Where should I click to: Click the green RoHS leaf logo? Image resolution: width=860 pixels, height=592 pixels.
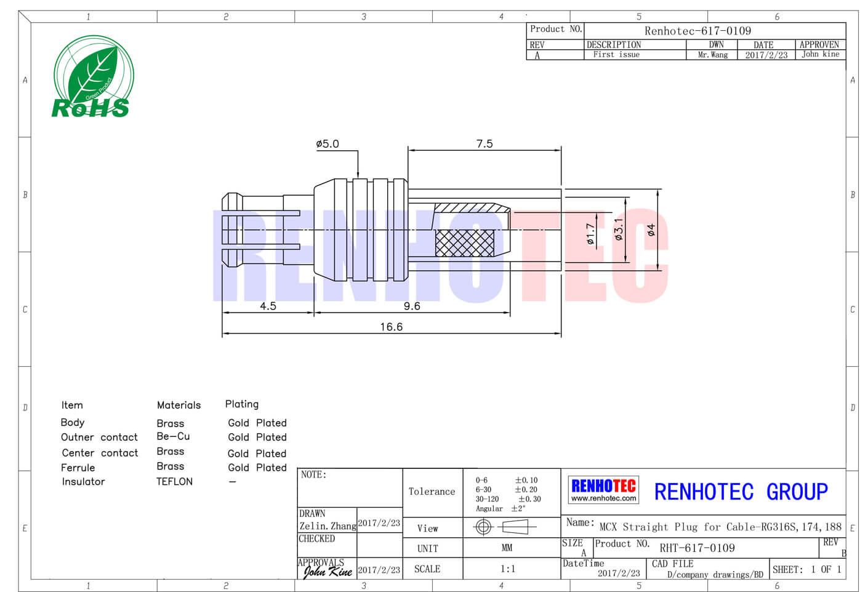pyautogui.click(x=94, y=77)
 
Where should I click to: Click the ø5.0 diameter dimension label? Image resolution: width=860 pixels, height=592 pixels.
pyautogui.click(x=327, y=144)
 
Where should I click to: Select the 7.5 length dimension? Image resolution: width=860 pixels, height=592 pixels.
pyautogui.click(x=484, y=144)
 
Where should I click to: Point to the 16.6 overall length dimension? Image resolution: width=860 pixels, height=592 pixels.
pyautogui.click(x=392, y=327)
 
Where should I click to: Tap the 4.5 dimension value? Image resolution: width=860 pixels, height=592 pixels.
pyautogui.click(x=268, y=306)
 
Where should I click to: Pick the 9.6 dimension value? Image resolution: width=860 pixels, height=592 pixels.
pyautogui.click(x=412, y=306)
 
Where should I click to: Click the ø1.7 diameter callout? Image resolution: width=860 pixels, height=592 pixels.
pyautogui.click(x=590, y=234)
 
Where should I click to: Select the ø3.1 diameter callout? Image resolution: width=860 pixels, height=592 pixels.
pyautogui.click(x=619, y=230)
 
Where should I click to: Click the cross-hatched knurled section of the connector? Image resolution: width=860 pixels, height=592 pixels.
pyautogui.click(x=465, y=243)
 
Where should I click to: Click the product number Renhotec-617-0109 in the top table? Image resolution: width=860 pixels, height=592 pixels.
pyautogui.click(x=697, y=31)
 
